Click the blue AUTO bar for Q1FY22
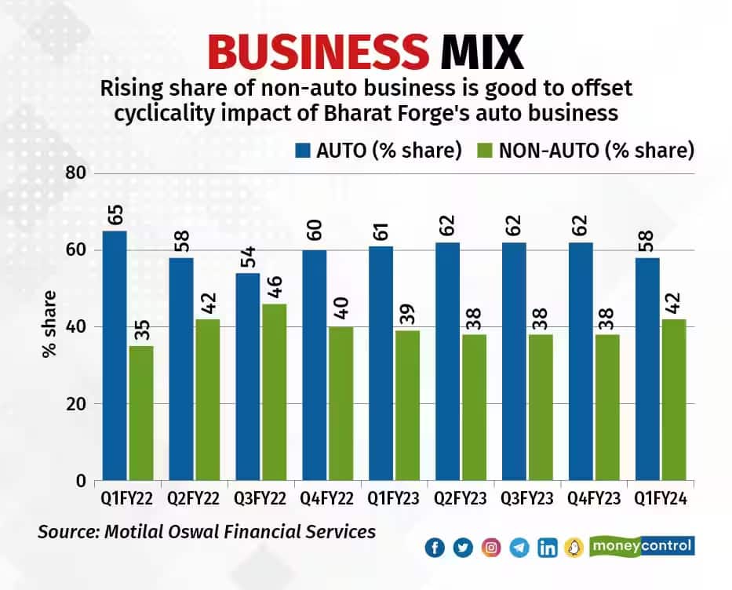115,355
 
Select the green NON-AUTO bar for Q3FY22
275,392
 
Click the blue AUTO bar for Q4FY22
315,365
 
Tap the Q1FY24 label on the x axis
661,498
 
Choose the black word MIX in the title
481,53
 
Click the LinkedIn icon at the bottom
548,548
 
